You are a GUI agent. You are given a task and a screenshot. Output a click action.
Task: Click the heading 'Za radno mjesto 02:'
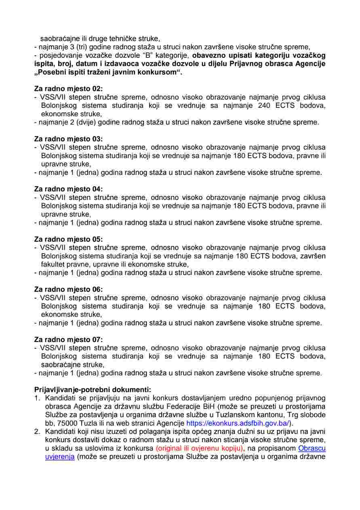tap(68, 89)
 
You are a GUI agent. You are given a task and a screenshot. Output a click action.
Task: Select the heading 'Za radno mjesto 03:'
tap(68, 139)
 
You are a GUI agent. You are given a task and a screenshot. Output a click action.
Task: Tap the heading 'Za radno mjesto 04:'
tap(68, 189)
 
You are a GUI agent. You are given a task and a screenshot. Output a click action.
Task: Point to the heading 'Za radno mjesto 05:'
tap(68, 239)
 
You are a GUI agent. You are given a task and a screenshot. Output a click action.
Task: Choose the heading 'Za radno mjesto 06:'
tap(68, 289)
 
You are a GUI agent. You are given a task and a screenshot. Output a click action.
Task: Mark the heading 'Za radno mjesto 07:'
tap(68, 339)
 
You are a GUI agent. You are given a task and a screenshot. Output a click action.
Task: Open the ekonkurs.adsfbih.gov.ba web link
tap(238, 423)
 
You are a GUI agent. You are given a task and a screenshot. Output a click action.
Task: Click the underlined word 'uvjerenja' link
tap(60, 457)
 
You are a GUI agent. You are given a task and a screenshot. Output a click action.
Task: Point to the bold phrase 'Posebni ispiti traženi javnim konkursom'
tap(108, 72)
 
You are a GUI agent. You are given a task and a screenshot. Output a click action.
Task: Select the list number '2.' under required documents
tap(37, 432)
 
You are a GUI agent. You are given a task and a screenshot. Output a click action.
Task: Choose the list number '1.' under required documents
tap(37, 398)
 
